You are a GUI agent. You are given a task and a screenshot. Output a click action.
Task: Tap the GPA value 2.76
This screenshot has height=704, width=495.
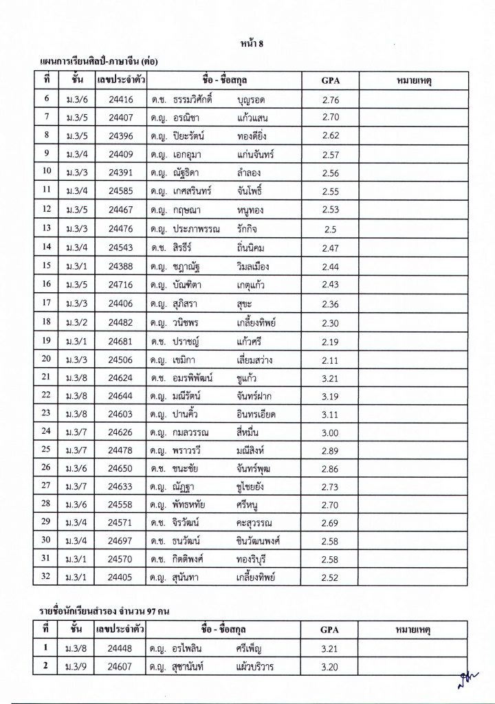coord(331,100)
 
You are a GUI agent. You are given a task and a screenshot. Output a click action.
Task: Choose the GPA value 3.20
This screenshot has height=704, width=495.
coord(331,666)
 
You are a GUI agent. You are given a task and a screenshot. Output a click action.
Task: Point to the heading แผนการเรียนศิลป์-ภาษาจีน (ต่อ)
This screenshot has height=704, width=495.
coord(104,63)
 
